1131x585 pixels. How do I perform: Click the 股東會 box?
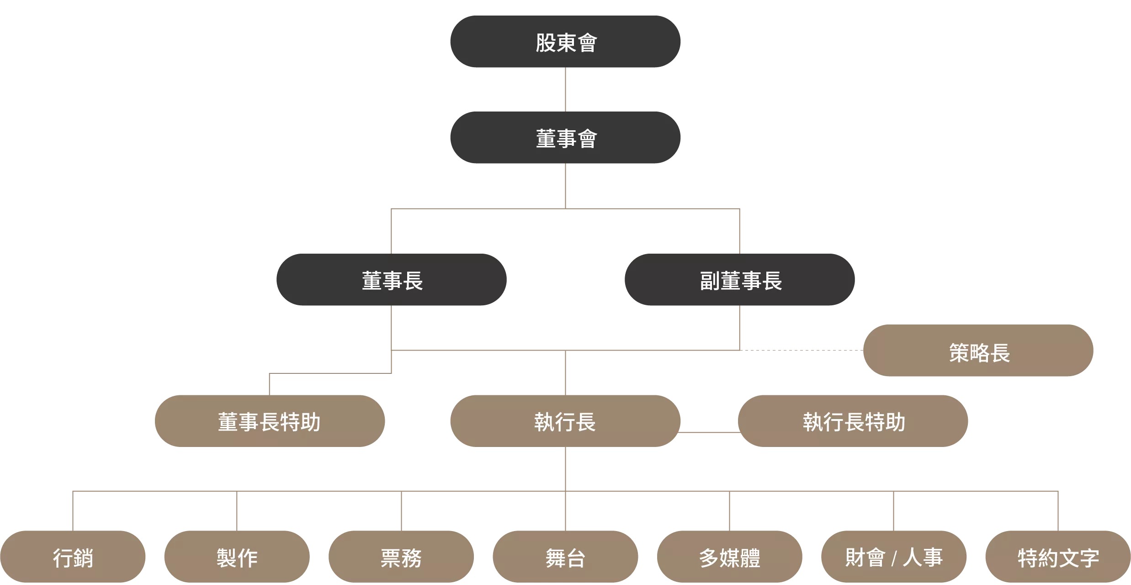click(x=565, y=42)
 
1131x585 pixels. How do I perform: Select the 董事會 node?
click(x=565, y=138)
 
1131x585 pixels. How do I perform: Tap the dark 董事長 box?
click(x=392, y=280)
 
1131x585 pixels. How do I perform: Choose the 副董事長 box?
click(x=740, y=280)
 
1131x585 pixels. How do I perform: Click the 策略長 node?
click(x=978, y=351)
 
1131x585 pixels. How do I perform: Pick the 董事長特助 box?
click(x=270, y=421)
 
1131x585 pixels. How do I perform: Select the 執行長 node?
click(x=565, y=421)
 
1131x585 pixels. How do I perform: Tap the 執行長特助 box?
click(x=853, y=421)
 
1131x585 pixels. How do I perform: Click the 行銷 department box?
click(x=73, y=557)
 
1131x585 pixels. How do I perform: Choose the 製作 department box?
click(x=237, y=557)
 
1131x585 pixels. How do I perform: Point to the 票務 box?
click(x=401, y=557)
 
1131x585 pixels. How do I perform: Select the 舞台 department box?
click(x=565, y=557)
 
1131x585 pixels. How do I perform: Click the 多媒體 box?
click(x=730, y=557)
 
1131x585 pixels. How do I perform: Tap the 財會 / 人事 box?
click(x=894, y=557)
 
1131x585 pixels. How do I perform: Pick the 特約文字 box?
click(x=1058, y=557)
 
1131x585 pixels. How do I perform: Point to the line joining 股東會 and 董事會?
click(x=565, y=90)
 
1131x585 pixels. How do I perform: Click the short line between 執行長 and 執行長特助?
click(x=709, y=432)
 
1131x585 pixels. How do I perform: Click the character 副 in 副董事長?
click(x=710, y=281)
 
